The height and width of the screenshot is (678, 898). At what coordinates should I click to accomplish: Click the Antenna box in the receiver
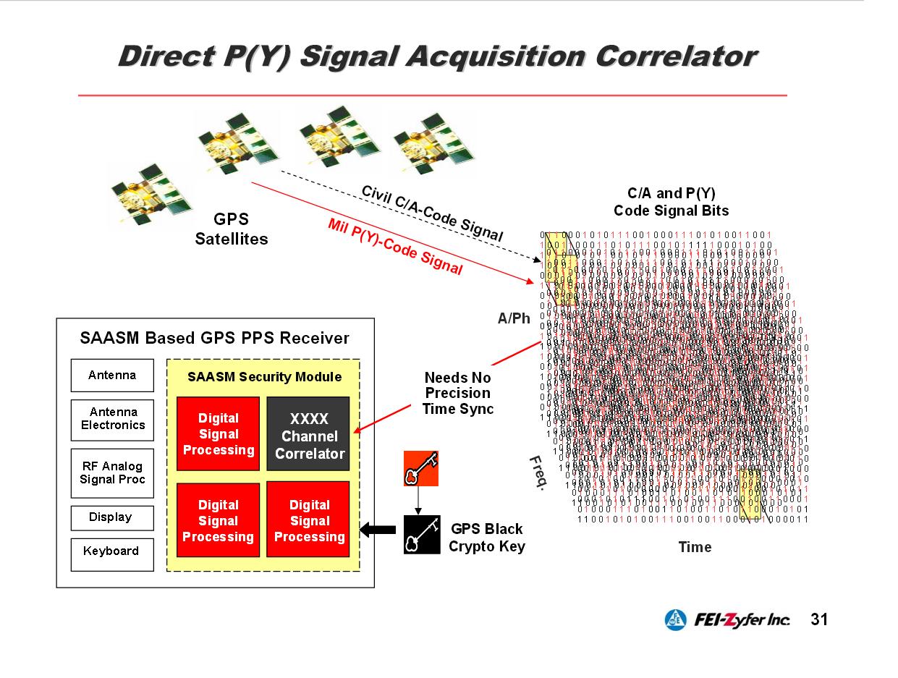[x=112, y=375]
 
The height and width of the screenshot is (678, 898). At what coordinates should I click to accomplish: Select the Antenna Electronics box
[x=112, y=419]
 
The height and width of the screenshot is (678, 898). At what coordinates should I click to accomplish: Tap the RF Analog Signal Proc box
[x=112, y=473]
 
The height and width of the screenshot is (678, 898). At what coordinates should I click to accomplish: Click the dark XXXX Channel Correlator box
[x=308, y=436]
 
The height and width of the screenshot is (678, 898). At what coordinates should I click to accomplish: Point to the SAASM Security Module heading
[x=264, y=377]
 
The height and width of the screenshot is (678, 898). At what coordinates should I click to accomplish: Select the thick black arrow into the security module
[x=377, y=530]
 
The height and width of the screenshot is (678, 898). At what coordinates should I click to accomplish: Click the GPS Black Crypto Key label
[x=486, y=538]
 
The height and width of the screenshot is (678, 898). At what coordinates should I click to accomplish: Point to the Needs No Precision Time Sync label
[x=457, y=393]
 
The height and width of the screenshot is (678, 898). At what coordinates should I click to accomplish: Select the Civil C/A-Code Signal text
[x=431, y=213]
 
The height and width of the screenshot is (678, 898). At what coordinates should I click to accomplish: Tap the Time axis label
[x=695, y=547]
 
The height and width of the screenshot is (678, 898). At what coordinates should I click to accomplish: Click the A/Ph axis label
[x=514, y=318]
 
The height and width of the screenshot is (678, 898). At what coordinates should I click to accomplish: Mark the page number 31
[x=819, y=620]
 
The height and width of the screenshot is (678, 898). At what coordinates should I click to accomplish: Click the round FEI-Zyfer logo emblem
[x=676, y=620]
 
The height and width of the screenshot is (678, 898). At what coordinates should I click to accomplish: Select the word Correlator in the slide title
[x=671, y=57]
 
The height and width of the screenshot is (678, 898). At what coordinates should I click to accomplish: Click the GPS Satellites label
[x=232, y=229]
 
